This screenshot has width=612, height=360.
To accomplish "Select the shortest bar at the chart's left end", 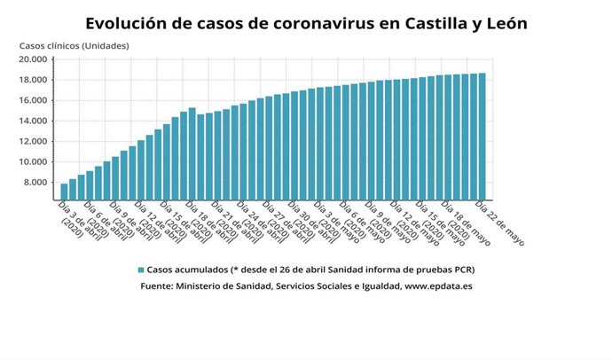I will tap(64, 192).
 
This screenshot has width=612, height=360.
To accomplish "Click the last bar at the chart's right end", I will tap(482, 137).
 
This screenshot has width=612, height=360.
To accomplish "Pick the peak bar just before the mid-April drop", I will tap(192, 153).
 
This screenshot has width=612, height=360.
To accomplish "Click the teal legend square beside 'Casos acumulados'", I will tap(141, 270).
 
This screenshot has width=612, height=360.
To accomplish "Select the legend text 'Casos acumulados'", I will tap(185, 270).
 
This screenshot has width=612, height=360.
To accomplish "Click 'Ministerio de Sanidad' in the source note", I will tap(230, 286).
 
